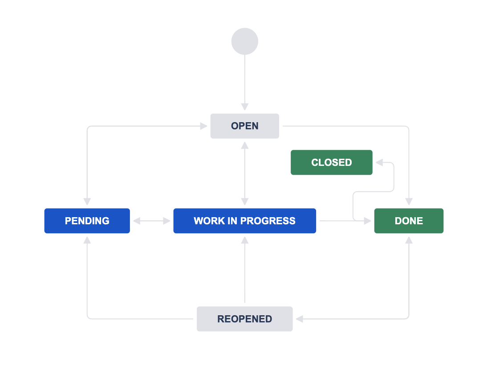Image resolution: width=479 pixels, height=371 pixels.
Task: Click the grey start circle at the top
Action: pos(245,41)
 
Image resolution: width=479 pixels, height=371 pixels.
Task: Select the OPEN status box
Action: pos(245,126)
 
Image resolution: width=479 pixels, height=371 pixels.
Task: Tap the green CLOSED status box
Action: pos(332,163)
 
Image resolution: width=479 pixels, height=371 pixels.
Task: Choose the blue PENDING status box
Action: pos(87,221)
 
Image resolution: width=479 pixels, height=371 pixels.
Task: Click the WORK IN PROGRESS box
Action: pos(245,221)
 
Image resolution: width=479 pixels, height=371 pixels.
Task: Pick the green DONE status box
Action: pos(409,221)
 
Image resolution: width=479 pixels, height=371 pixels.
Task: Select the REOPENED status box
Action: pos(245,319)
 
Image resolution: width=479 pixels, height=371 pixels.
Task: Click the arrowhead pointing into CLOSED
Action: pos(379,163)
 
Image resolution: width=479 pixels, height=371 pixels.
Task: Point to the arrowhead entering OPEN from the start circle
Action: pos(245,107)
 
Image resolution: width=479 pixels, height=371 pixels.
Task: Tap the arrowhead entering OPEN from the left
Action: pos(204,126)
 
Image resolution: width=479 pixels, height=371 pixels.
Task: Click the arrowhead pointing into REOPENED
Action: pos(299,319)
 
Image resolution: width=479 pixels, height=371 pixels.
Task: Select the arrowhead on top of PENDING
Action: pos(87,202)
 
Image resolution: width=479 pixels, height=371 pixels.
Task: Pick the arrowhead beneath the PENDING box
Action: pos(87,240)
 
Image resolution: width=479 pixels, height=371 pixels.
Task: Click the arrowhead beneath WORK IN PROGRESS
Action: pos(245,240)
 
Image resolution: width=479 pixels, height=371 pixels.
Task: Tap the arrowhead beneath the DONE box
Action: pos(409,240)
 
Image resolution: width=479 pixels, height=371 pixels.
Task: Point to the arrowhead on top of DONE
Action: pos(409,202)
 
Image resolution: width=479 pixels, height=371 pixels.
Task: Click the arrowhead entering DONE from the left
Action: pos(368,221)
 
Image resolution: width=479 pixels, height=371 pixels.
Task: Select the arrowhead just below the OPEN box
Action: pos(245,145)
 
